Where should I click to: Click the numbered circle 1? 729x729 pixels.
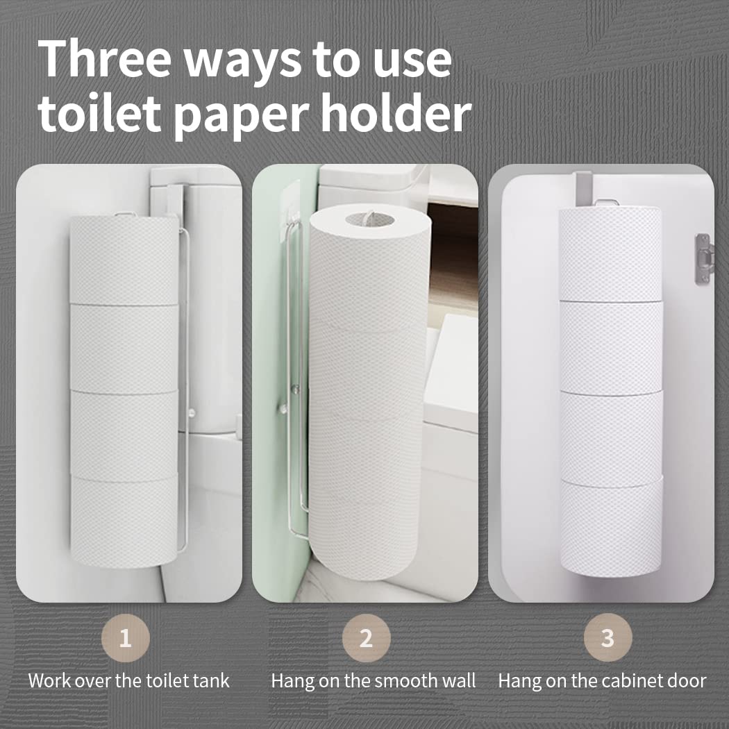(x=125, y=638)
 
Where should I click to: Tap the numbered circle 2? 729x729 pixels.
(x=366, y=638)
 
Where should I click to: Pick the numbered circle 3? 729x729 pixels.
(x=607, y=638)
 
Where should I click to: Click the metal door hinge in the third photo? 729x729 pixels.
(x=704, y=258)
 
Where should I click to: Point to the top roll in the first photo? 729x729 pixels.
(x=124, y=259)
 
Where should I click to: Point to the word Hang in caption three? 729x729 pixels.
(x=520, y=680)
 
